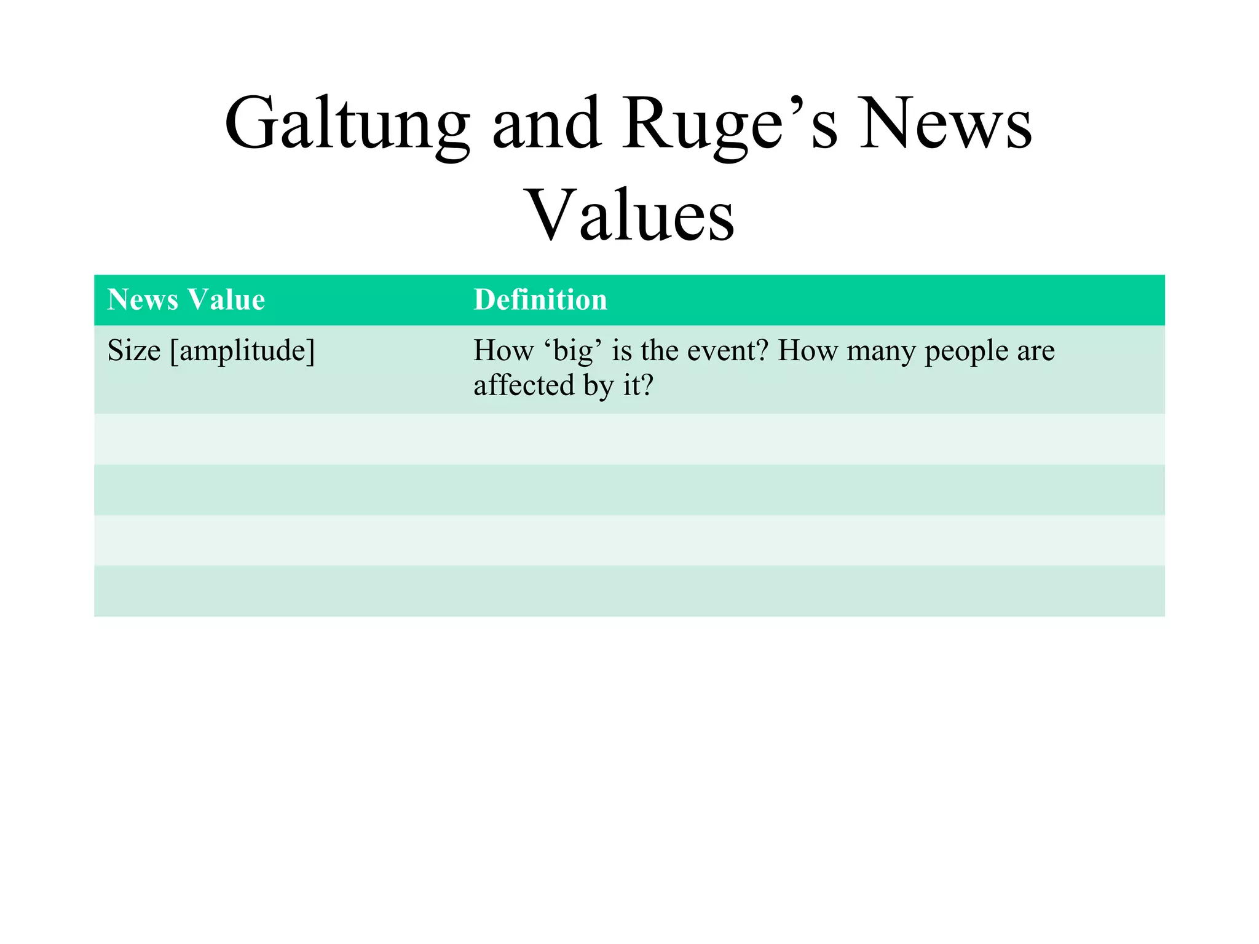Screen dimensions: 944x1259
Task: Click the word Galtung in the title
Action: click(347, 125)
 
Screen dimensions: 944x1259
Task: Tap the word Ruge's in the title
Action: click(729, 125)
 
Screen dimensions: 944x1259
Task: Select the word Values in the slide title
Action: click(631, 215)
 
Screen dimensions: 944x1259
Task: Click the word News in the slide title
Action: click(945, 125)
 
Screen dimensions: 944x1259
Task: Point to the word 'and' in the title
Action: click(547, 125)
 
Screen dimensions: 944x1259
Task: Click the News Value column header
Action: click(186, 300)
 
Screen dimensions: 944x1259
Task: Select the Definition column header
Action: click(540, 300)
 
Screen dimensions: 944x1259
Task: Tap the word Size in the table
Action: click(133, 351)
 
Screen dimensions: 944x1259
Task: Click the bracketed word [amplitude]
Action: click(242, 352)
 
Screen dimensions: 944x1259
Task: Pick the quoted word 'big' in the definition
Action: click(573, 351)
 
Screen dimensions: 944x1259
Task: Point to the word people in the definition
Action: click(966, 352)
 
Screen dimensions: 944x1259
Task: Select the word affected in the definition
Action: click(524, 385)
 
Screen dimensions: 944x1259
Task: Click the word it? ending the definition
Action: click(637, 385)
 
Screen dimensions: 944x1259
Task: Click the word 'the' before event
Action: click(660, 351)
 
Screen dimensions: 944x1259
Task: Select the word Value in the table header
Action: click(227, 300)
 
